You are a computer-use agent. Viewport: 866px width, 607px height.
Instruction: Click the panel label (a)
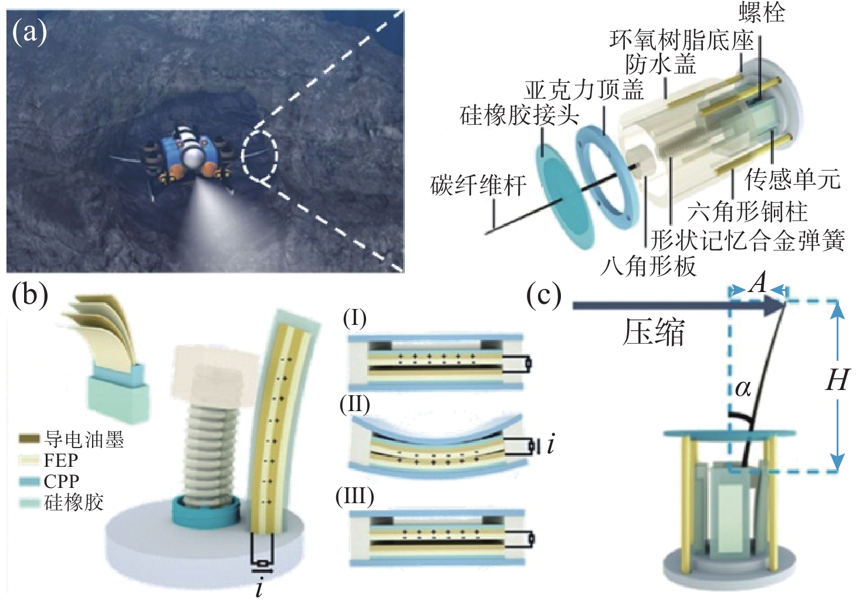29,32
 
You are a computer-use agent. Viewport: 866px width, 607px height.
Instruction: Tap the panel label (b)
30,295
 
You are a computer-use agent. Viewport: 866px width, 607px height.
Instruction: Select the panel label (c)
543,295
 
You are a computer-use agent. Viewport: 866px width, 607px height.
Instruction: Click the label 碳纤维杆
478,186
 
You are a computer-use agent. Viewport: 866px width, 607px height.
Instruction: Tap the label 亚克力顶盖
584,90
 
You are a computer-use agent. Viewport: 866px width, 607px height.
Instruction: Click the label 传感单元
792,179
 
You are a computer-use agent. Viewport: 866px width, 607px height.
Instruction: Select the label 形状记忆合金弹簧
748,240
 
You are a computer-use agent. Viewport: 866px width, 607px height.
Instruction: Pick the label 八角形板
648,267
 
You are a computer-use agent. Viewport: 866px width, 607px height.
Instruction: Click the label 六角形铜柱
747,211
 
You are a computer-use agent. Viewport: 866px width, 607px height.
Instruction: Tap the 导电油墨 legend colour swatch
29,439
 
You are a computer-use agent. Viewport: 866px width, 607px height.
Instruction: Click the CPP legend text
61,481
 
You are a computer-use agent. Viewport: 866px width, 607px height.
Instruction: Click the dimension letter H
837,381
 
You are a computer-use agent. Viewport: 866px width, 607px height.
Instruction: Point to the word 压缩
653,333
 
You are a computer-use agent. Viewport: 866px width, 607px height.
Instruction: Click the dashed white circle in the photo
260,154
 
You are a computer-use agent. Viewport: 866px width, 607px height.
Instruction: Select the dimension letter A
758,284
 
